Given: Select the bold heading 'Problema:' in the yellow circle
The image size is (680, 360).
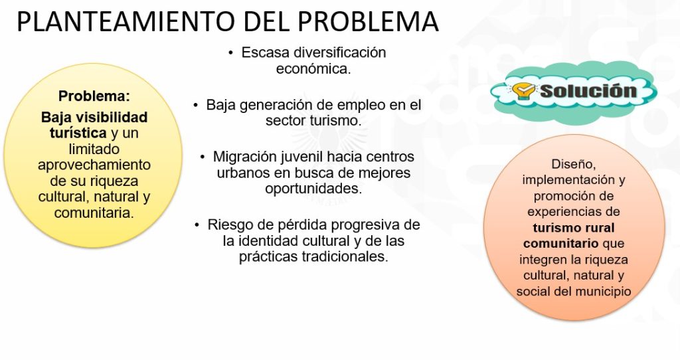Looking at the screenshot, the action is pos(94,96).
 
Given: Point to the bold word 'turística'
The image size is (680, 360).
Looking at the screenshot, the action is pos(78,133).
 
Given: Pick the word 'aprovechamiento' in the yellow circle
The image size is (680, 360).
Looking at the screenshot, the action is pos(94,165).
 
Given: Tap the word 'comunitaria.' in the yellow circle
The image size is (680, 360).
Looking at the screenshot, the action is pos(94,213).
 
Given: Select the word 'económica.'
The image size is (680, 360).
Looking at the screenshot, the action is pos(313,68).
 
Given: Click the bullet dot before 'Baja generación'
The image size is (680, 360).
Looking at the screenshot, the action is pos(196,105).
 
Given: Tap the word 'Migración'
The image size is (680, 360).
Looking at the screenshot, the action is pos(244,157).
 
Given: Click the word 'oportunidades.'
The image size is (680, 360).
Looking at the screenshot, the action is pos(313,189).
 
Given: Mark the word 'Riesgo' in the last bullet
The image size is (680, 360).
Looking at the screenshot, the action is pos(229,225).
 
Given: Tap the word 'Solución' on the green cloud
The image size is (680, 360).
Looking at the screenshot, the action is pos(588,91).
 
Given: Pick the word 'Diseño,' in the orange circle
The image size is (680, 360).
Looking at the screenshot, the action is pos(574,164).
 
